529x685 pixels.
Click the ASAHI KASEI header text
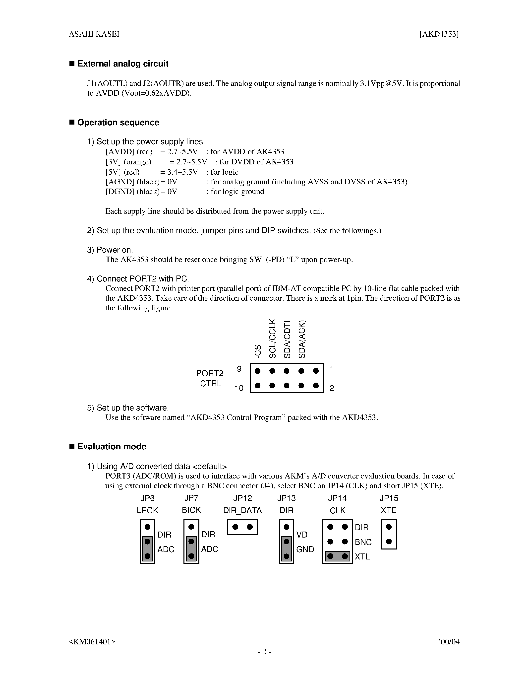click(x=94, y=34)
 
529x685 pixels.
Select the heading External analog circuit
click(x=122, y=64)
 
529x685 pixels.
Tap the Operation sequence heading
click(x=118, y=122)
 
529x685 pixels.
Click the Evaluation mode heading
click(x=112, y=446)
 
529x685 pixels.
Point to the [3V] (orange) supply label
click(x=128, y=162)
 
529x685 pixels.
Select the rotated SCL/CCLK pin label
click(x=272, y=339)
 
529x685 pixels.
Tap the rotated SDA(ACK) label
click(x=301, y=339)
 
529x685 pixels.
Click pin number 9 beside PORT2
click(x=239, y=369)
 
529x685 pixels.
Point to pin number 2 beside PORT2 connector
click(x=332, y=388)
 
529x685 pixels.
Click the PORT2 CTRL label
click(x=210, y=378)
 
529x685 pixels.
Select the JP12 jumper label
click(x=242, y=498)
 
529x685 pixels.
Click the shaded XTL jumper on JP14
click(x=338, y=556)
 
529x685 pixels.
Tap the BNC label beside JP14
click(x=363, y=542)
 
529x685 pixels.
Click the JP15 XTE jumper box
click(x=389, y=535)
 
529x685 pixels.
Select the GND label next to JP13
click(x=305, y=549)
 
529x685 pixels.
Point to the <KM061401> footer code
click(x=92, y=642)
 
